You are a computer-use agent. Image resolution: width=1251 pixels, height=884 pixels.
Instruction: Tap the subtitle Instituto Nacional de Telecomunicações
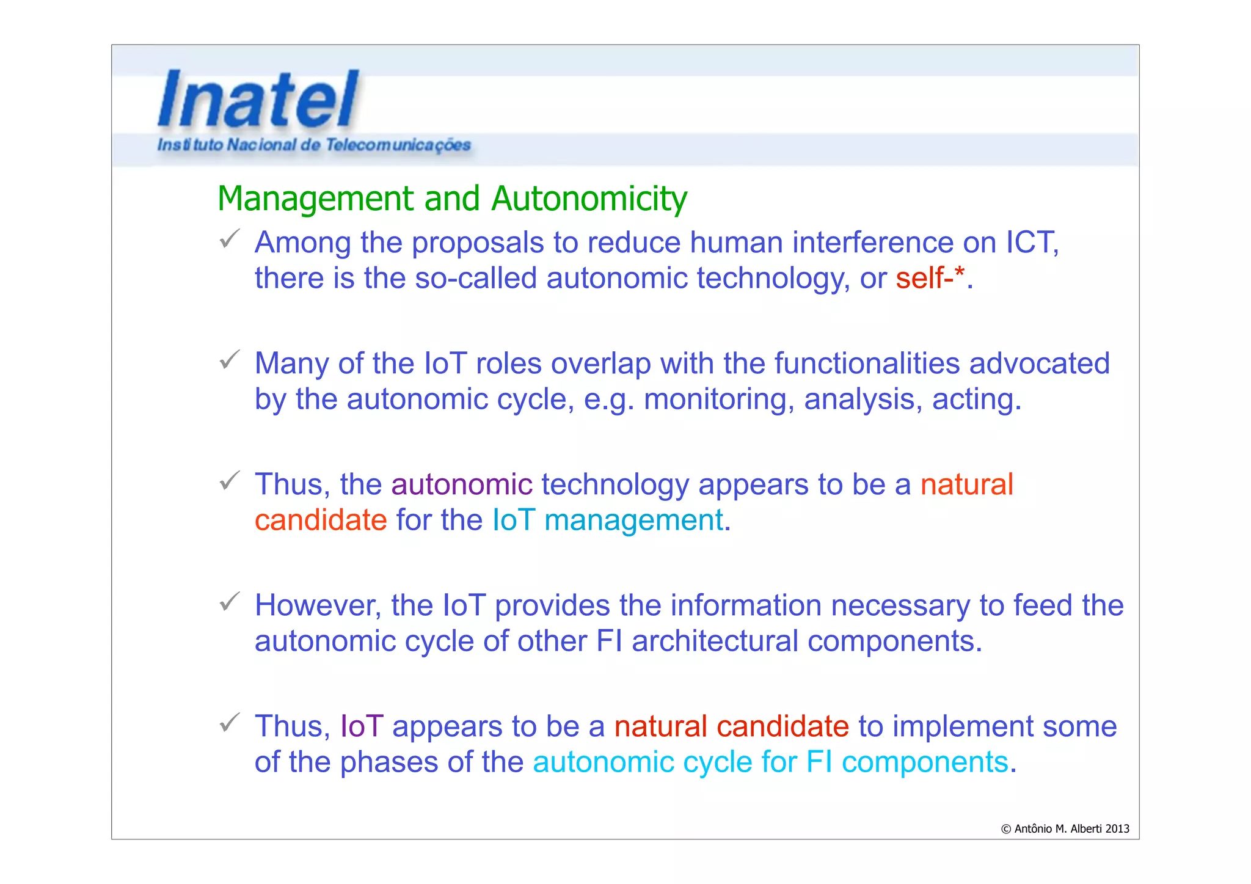pyautogui.click(x=313, y=145)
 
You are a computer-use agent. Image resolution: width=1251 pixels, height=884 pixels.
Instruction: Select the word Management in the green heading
pyautogui.click(x=316, y=199)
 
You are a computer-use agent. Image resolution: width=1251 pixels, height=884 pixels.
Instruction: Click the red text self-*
pyautogui.click(x=930, y=279)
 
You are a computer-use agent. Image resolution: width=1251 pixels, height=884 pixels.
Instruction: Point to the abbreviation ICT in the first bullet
pyautogui.click(x=1031, y=243)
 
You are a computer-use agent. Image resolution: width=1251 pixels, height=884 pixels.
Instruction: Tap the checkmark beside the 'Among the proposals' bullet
pyautogui.click(x=229, y=239)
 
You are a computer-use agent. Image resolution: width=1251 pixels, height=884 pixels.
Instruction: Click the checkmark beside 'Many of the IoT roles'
pyautogui.click(x=229, y=360)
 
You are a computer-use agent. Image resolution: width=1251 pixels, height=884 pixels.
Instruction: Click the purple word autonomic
pyautogui.click(x=462, y=484)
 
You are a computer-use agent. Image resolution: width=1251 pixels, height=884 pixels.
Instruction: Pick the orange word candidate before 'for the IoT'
pyautogui.click(x=321, y=521)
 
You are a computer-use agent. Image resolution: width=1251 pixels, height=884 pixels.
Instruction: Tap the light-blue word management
pyautogui.click(x=633, y=521)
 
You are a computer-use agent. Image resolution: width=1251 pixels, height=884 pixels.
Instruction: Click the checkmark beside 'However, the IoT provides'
pyautogui.click(x=229, y=602)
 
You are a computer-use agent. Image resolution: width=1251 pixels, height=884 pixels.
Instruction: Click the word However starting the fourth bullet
pyautogui.click(x=318, y=605)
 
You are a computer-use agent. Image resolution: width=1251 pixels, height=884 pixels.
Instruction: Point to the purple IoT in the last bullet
pyautogui.click(x=362, y=726)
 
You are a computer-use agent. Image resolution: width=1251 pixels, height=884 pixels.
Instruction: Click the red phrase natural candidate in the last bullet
pyautogui.click(x=731, y=726)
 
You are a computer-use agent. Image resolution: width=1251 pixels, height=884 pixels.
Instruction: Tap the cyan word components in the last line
pyautogui.click(x=924, y=762)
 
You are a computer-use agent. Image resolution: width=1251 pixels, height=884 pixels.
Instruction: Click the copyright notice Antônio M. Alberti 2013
pyautogui.click(x=1065, y=829)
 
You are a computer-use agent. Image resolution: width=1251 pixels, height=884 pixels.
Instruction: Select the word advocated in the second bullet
pyautogui.click(x=1039, y=363)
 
